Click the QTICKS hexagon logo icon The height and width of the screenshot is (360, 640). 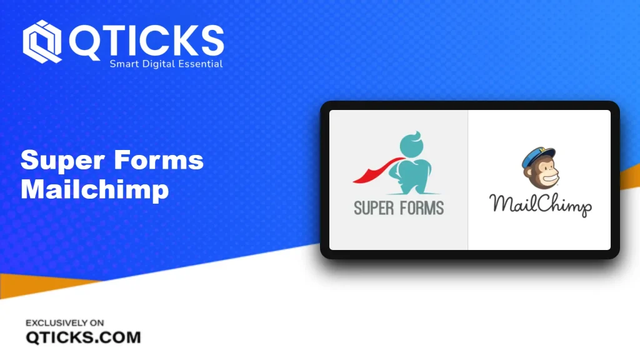(x=42, y=42)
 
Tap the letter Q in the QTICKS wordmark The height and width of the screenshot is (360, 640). (x=84, y=42)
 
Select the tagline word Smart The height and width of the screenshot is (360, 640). (x=124, y=64)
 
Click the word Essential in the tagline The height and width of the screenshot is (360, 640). (x=201, y=64)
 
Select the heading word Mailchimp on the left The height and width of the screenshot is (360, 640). (x=95, y=190)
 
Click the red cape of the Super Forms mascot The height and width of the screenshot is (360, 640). (x=377, y=170)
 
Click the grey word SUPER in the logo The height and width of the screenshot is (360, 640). (x=374, y=208)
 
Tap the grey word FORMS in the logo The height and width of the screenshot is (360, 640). (x=422, y=208)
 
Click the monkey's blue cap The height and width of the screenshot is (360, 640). (x=539, y=156)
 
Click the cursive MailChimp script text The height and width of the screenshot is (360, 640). (x=541, y=205)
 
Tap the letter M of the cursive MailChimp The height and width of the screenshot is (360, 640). (x=501, y=203)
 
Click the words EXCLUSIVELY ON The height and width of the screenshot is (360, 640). (x=65, y=323)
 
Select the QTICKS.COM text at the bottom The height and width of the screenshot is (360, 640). (x=83, y=337)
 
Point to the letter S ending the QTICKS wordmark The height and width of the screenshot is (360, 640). (x=211, y=41)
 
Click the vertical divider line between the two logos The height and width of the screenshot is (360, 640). (x=467, y=179)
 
